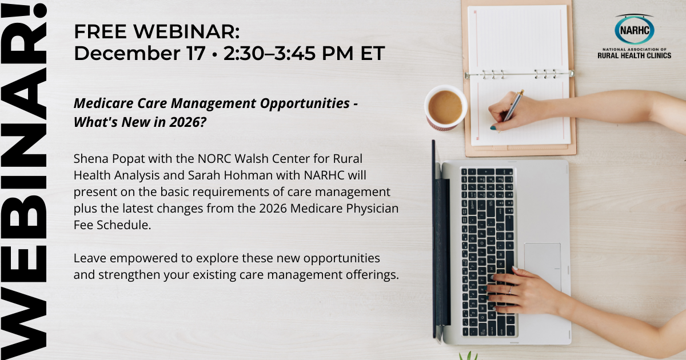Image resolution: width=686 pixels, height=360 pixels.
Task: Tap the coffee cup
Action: click(445, 107)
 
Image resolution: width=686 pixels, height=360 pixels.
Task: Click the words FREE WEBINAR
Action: click(157, 32)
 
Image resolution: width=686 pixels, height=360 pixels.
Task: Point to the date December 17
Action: click(139, 53)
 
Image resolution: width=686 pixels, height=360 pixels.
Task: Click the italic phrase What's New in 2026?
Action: click(140, 122)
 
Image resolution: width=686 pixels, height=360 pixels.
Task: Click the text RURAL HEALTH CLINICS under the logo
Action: click(634, 55)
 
